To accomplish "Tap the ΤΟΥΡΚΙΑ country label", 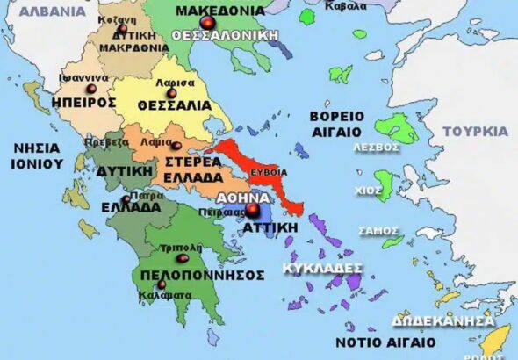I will tap(475, 132).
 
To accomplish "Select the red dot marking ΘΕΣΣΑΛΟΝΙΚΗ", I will tap(207, 22).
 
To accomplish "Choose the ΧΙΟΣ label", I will tap(376, 189).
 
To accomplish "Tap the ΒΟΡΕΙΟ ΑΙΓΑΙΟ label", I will tap(338, 123).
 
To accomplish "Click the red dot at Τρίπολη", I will tap(183, 258).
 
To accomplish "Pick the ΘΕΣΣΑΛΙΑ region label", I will tap(174, 105).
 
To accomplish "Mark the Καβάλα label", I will tap(347, 6).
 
